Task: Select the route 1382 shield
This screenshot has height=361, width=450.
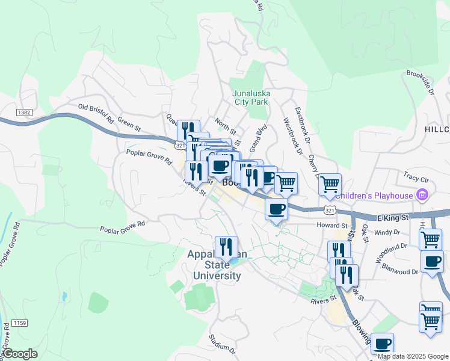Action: point(24,113)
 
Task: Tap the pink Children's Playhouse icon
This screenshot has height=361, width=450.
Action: point(422,195)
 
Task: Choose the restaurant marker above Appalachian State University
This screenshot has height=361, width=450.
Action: point(226,247)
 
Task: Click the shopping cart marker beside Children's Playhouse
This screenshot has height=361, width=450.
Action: point(330,184)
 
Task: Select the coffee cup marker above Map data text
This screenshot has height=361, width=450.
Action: point(382,344)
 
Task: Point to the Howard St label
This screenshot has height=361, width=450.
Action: point(328,225)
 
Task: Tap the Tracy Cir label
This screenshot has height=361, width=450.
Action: point(416,178)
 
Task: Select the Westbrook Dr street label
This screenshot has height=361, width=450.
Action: point(291,135)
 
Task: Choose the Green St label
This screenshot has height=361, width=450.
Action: point(129,127)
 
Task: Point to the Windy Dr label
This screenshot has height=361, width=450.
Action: point(387,232)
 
